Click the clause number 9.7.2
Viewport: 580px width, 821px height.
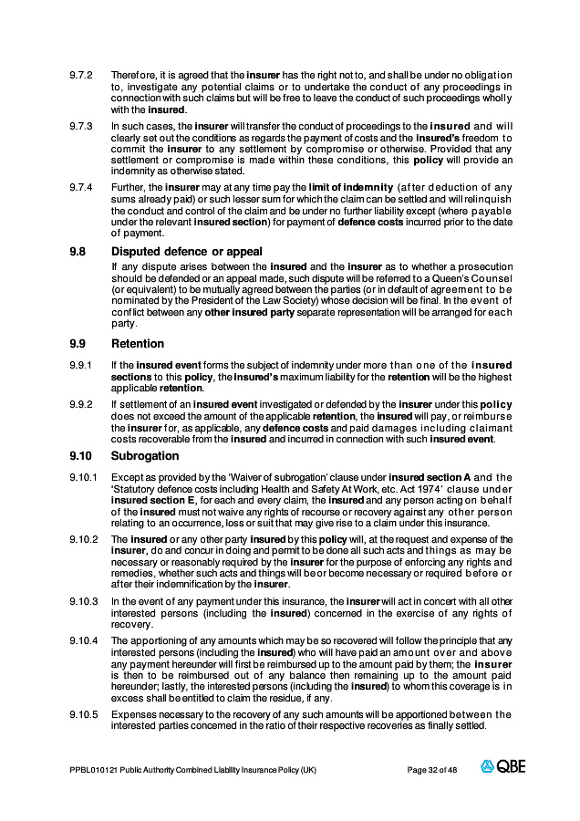[x=82, y=74]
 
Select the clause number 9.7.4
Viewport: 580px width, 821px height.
[x=82, y=187]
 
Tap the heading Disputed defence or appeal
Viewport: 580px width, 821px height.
[x=187, y=252]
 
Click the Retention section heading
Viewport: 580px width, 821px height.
[x=138, y=344]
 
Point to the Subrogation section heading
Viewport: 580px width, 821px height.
[x=145, y=455]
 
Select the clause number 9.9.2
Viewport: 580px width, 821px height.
[x=82, y=404]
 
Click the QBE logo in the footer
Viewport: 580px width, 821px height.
[x=503, y=767]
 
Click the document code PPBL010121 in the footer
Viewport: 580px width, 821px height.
[x=93, y=770]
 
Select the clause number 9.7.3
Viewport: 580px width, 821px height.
[x=82, y=125]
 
